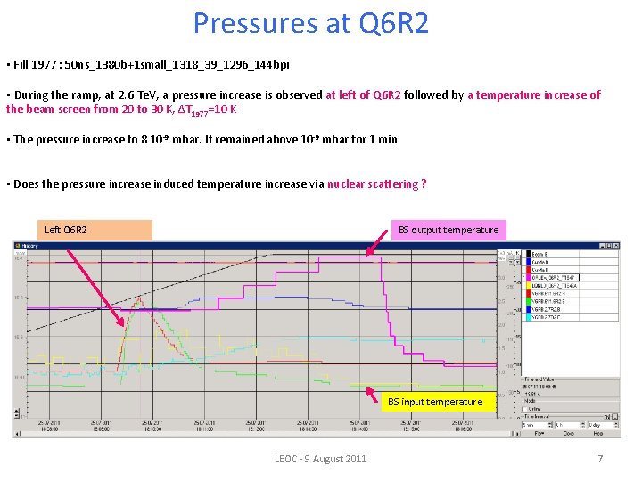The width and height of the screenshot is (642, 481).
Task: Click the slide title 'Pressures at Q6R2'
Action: (x=311, y=23)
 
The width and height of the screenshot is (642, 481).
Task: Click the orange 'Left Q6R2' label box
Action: (x=98, y=230)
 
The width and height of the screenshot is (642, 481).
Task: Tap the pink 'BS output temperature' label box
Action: (x=449, y=230)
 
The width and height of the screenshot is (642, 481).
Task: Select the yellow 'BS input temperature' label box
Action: (x=434, y=402)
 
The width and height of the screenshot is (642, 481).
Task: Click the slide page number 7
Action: (x=600, y=459)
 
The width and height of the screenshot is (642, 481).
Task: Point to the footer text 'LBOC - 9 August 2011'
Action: (x=320, y=459)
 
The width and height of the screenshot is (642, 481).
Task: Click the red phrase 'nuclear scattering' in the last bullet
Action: (x=372, y=184)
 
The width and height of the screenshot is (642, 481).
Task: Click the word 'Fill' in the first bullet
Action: (x=20, y=65)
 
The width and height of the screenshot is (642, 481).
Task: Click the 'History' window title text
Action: (x=30, y=245)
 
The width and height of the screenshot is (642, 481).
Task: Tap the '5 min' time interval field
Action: (x=534, y=425)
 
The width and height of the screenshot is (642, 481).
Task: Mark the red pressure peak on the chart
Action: (x=133, y=298)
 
